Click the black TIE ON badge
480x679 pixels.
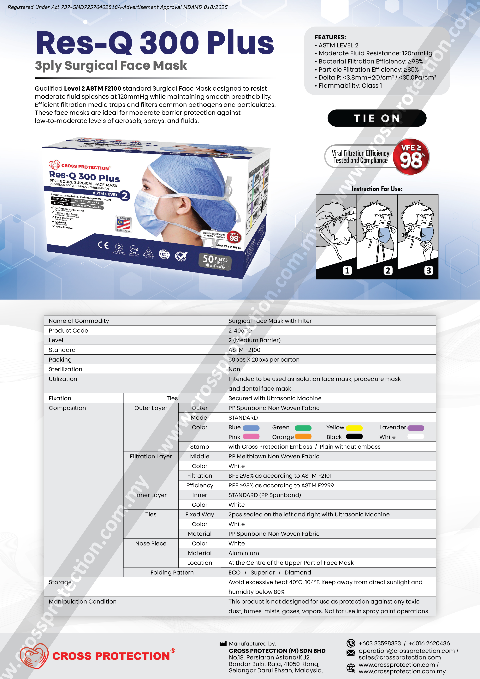coord(377,118)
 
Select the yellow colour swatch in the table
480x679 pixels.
coord(354,428)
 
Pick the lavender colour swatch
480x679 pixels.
coord(416,428)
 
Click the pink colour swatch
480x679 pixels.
coord(251,436)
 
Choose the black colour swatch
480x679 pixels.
coord(354,436)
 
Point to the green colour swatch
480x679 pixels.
coord(303,428)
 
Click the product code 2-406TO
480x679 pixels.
coord(240,331)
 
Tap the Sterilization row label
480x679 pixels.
coord(66,369)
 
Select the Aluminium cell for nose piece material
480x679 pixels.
coord(244,553)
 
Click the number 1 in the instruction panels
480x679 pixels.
coord(347,270)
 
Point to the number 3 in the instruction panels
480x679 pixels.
coord(429,270)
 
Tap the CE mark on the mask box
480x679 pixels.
coord(103,245)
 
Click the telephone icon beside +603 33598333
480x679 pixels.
coord(351,643)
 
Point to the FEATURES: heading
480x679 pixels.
coord(330,37)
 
